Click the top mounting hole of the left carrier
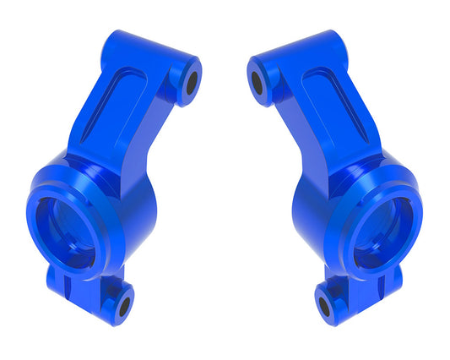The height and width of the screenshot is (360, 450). click(x=191, y=82)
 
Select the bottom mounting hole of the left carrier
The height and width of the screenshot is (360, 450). click(x=124, y=304)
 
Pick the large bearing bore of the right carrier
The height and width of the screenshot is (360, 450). click(x=384, y=231)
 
